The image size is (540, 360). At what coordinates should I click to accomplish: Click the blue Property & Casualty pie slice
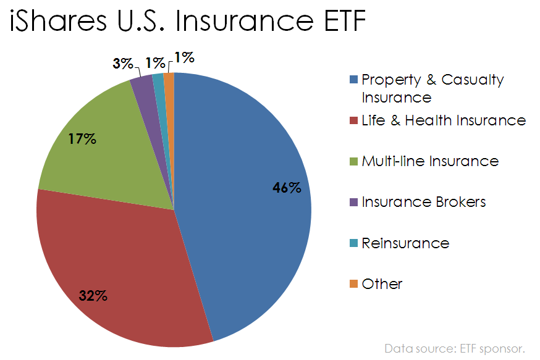click(247, 198)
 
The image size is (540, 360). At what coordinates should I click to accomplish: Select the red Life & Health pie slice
click(124, 266)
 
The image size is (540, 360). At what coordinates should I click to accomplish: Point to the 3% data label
click(122, 63)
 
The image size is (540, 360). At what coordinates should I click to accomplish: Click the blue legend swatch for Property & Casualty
click(353, 80)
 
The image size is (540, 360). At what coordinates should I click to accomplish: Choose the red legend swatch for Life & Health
click(353, 120)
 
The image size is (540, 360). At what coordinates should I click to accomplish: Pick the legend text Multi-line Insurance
click(430, 161)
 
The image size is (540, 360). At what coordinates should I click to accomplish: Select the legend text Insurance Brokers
click(424, 202)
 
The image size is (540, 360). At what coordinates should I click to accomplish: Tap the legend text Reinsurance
click(405, 243)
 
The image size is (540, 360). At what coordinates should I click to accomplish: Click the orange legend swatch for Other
click(353, 283)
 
